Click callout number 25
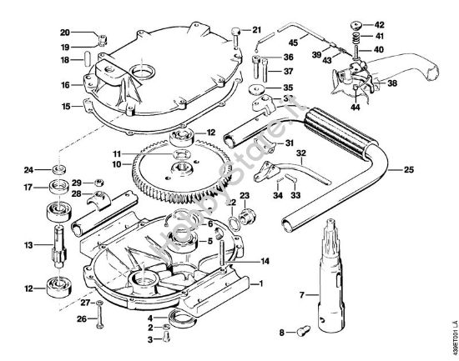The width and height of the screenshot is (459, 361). pos(409,169)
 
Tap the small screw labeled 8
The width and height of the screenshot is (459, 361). pos(301,332)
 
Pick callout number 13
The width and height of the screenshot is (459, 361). pos(28,245)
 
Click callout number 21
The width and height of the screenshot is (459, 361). pos(257,30)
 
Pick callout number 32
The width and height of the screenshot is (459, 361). pos(300,153)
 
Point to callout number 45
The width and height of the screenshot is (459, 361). pos(293,43)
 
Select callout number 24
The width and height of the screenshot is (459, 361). pos(28,170)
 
